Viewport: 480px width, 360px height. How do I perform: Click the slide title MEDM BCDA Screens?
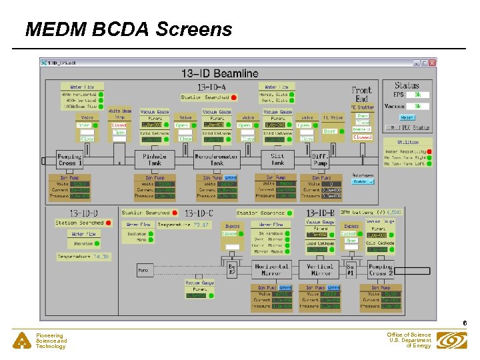[129, 29]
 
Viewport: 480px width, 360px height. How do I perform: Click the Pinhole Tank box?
[154, 159]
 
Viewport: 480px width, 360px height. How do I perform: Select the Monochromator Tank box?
[216, 159]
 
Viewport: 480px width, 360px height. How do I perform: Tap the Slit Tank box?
[277, 159]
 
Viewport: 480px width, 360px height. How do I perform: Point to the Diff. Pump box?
[320, 159]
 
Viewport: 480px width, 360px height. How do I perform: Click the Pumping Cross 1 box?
[69, 159]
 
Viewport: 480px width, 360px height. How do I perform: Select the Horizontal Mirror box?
[271, 270]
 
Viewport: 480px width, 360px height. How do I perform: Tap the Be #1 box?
[349, 270]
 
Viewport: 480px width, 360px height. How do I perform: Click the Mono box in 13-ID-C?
[143, 271]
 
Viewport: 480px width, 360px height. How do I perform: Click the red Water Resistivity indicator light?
[429, 152]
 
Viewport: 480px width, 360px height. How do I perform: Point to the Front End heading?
[361, 94]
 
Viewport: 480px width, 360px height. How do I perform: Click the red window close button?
[432, 63]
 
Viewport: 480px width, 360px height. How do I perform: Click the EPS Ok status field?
[417, 95]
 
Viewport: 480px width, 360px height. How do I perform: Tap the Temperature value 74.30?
[101, 257]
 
